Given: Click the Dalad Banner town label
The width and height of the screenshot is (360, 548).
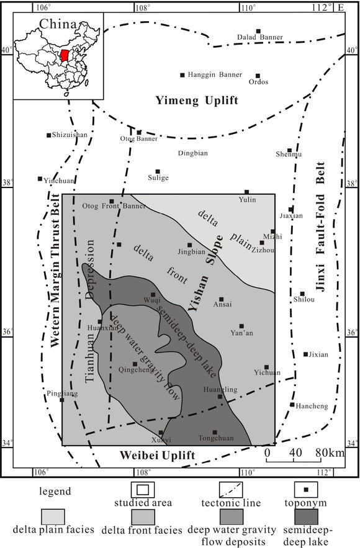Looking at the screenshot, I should click(260, 38).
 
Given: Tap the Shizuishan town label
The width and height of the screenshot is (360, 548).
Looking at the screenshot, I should click(70, 135).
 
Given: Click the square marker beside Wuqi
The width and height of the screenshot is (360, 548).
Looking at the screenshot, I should click(153, 295).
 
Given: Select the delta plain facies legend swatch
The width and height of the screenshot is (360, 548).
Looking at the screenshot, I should click(53, 516).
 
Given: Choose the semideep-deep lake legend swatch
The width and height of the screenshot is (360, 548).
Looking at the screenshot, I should click(305, 516).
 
